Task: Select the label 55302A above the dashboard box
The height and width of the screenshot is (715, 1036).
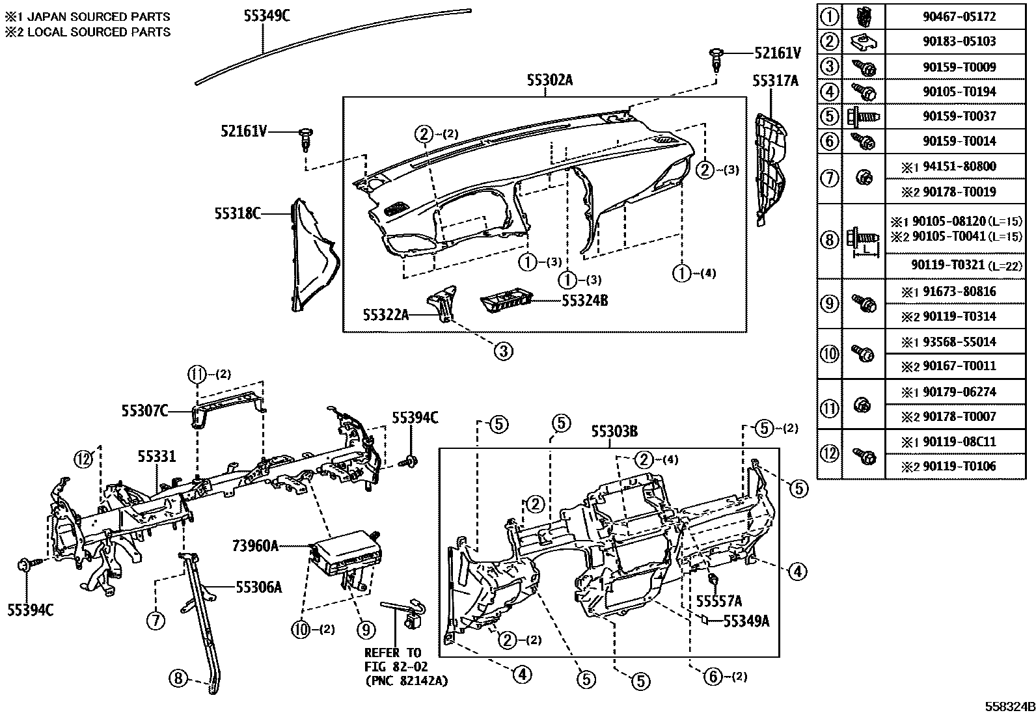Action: [550, 80]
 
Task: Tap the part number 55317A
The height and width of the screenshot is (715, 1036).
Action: [775, 81]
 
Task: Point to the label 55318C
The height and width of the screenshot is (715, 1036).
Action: [238, 213]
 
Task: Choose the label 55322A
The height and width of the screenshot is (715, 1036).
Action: [386, 315]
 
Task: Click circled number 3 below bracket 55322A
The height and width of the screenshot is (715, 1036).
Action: [502, 351]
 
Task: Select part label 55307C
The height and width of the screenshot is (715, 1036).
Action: [144, 411]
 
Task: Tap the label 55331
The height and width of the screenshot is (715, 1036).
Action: [156, 457]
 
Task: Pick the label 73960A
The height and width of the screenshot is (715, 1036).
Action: [255, 546]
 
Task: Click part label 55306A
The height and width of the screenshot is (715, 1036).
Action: [258, 587]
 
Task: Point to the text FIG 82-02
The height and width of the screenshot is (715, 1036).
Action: [392, 667]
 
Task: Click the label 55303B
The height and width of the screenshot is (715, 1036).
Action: [614, 431]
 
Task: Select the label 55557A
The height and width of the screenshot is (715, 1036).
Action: [718, 600]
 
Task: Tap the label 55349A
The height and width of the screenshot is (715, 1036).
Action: [746, 621]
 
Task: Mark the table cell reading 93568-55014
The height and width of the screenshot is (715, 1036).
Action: [959, 342]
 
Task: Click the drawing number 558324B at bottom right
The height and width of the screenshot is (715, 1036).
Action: [1008, 707]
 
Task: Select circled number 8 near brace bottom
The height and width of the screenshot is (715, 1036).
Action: [178, 679]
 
